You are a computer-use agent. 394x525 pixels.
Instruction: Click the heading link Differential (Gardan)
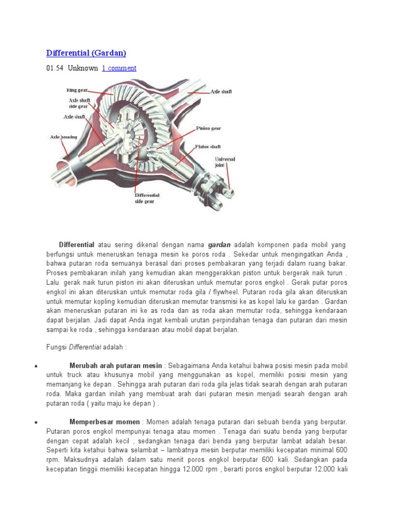pos(86,53)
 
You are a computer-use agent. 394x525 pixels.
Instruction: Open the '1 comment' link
pos(119,68)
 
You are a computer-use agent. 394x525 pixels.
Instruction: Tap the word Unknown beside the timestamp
pos(83,68)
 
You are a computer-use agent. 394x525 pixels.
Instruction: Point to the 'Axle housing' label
pos(63,137)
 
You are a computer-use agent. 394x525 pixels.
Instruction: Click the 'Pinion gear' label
pos(208,128)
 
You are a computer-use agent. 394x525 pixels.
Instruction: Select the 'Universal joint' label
pos(225,162)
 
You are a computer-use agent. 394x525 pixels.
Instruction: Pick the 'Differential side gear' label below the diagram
pos(147,198)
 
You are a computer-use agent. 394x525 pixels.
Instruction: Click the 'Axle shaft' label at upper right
pos(221,91)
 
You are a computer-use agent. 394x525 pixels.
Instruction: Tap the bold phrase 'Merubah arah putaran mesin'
pos(115,366)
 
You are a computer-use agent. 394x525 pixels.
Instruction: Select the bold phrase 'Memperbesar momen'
pos(104,422)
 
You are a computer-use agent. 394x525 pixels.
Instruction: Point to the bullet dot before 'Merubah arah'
pos(35,367)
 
